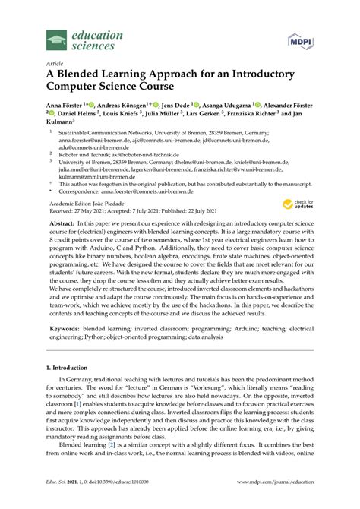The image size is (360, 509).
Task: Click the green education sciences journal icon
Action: point(56,39)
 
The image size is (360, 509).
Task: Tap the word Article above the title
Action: point(54,65)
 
